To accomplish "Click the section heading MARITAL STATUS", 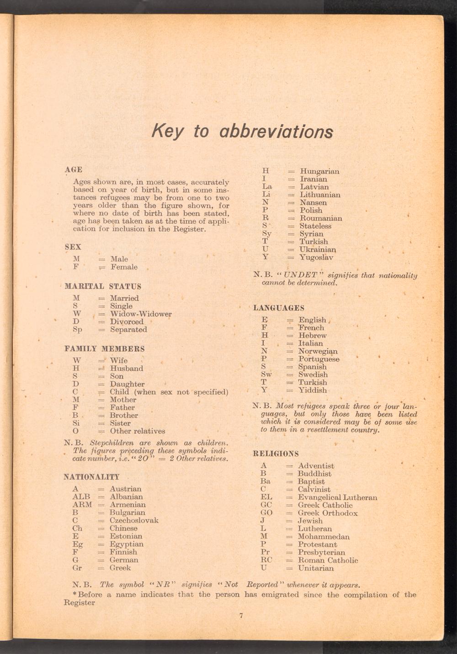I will pyautogui.click(x=103, y=287).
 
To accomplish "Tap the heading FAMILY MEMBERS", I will pyautogui.click(x=105, y=349).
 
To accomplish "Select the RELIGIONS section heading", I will pyautogui.click(x=276, y=454).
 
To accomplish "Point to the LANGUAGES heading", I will pyautogui.click(x=279, y=308).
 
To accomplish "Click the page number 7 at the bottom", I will pyautogui.click(x=241, y=615).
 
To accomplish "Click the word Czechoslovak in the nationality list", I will pyautogui.click(x=134, y=520).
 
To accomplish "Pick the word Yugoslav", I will pyautogui.click(x=316, y=258).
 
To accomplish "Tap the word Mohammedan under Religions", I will pyautogui.click(x=324, y=537).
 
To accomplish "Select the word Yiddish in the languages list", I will pyautogui.click(x=313, y=390).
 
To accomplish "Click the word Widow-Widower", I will pyautogui.click(x=141, y=314).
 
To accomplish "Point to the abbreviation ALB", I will pyautogui.click(x=81, y=497).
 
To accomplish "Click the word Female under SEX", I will pyautogui.click(x=124, y=267).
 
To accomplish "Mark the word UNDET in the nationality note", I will pyautogui.click(x=300, y=275).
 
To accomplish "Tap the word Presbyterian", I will pyautogui.click(x=321, y=553).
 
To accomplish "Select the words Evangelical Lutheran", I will pyautogui.click(x=337, y=497).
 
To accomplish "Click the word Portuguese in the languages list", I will pyautogui.click(x=319, y=359).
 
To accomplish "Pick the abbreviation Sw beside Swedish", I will pyautogui.click(x=266, y=375).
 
